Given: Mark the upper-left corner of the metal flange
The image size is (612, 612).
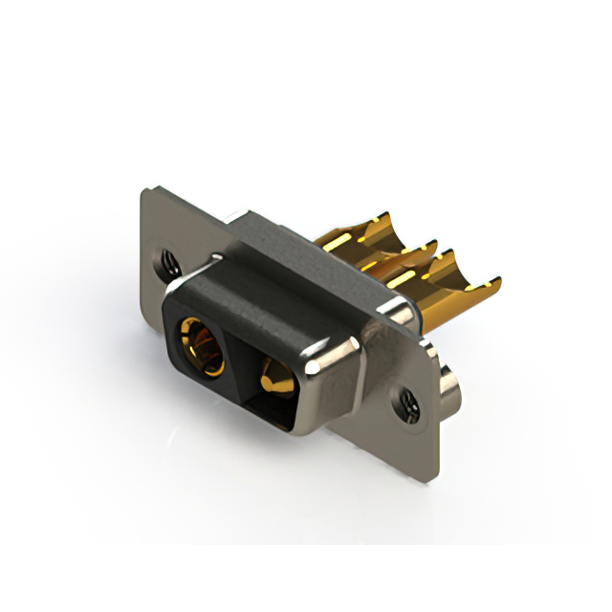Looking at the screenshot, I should point(145,191).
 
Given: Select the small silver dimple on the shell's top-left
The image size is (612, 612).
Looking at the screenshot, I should point(219,256).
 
